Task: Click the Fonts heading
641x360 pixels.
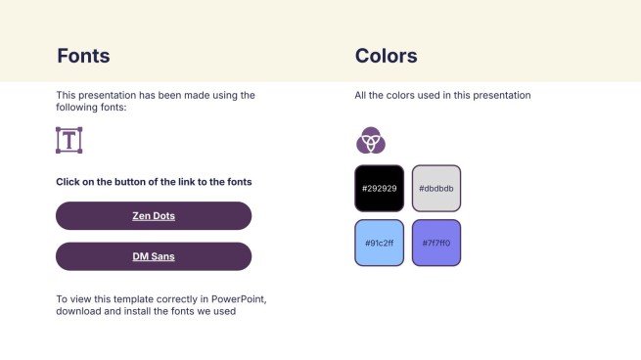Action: [x=83, y=56]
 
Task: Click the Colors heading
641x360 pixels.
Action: [x=386, y=56]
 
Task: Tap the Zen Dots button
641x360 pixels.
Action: [x=154, y=215]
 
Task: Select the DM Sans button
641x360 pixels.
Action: [x=154, y=256]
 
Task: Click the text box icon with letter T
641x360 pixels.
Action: [x=69, y=140]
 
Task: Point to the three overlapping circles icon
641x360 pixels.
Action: [x=370, y=141]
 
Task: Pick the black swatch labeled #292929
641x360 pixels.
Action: [x=379, y=188]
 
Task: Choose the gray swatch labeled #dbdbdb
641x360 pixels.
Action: [x=435, y=188]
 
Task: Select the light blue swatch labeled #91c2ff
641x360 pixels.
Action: [x=379, y=243]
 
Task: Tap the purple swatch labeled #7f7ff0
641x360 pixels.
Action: [x=435, y=243]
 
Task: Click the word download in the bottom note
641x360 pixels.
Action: [x=80, y=312]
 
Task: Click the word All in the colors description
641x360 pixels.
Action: [x=361, y=96]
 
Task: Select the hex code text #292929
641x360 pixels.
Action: [x=379, y=188]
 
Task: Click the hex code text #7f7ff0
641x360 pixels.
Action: [x=435, y=243]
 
